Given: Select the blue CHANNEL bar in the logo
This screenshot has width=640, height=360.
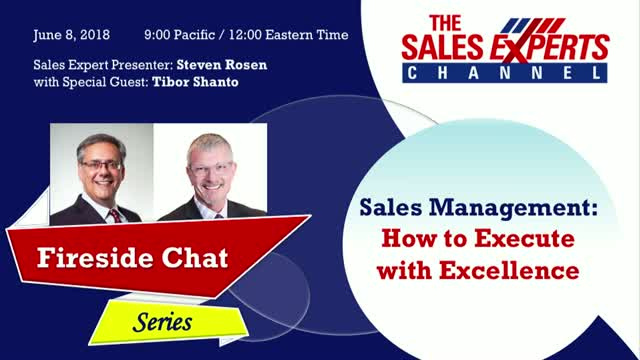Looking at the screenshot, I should coord(504,73).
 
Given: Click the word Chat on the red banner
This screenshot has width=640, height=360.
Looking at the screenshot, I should coord(195,258).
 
